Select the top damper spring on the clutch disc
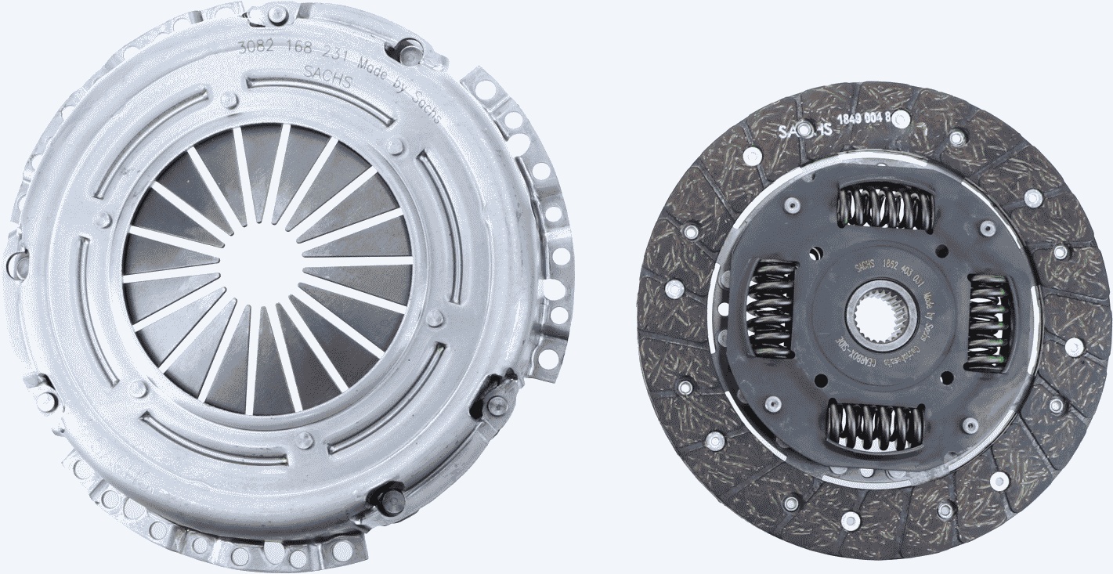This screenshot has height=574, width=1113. pos(884,208)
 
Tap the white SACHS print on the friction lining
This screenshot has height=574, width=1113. pos(804,128)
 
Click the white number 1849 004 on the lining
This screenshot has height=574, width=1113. pos(873,119)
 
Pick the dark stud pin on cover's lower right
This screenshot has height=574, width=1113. pos(495,401)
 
